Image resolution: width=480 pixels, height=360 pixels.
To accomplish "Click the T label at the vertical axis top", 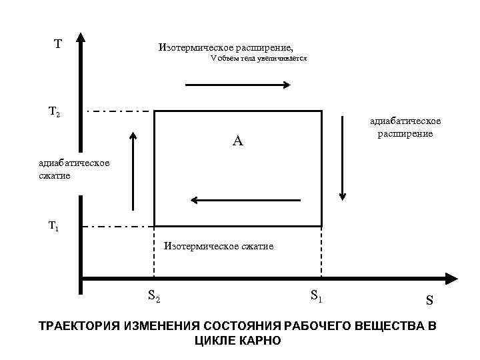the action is click(58, 44).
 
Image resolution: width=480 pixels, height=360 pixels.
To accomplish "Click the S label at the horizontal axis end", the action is click(429, 301).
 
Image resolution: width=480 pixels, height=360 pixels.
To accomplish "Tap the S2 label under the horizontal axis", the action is click(154, 295).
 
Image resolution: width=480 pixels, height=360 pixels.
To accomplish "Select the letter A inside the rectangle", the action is click(238, 141).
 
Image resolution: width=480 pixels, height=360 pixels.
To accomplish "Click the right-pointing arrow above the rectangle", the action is click(237, 85).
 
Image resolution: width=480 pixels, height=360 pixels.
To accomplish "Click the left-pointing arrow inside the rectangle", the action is click(245, 199).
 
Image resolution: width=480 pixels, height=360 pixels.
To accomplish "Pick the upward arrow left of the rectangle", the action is click(133, 171).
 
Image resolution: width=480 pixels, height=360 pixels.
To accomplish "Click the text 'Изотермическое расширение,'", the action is click(225, 47).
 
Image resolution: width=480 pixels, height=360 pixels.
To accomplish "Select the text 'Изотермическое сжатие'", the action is click(219, 246).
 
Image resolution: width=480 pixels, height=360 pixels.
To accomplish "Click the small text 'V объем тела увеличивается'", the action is click(259, 59).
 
